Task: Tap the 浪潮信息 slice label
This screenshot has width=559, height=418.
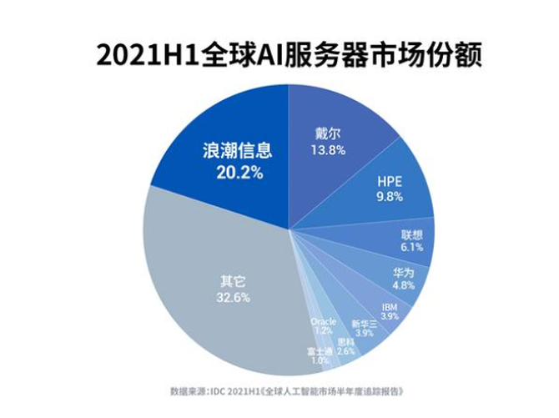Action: point(232,151)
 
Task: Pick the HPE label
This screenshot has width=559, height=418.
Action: point(390,180)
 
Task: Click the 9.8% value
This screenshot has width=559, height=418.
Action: point(390,197)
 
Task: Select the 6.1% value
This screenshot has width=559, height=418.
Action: point(412,247)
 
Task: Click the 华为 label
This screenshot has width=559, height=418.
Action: point(404,273)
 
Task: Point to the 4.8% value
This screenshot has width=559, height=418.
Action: point(404,286)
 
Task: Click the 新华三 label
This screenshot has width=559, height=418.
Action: point(364,323)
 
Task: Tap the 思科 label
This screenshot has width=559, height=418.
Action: point(346,340)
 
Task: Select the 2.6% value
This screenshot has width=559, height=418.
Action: point(346,351)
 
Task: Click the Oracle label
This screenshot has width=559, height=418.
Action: point(322,320)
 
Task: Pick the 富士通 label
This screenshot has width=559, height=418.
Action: point(318,350)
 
